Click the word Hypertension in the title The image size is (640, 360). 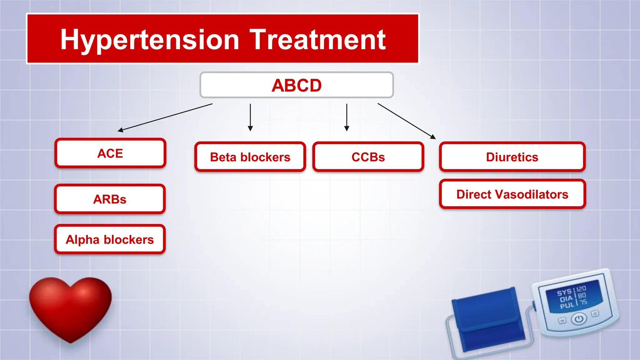point(150,40)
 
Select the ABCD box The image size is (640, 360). point(296,85)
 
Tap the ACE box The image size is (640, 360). point(110,153)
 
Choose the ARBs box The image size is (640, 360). point(110,199)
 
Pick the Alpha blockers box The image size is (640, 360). point(110,239)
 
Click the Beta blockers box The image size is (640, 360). point(250,157)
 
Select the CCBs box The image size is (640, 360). point(368,157)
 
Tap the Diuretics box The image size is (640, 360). point(512,157)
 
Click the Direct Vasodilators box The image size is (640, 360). point(512,194)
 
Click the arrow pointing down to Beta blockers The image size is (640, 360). point(250,117)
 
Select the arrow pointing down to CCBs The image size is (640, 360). point(347,117)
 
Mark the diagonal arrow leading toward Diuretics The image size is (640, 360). point(406,121)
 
